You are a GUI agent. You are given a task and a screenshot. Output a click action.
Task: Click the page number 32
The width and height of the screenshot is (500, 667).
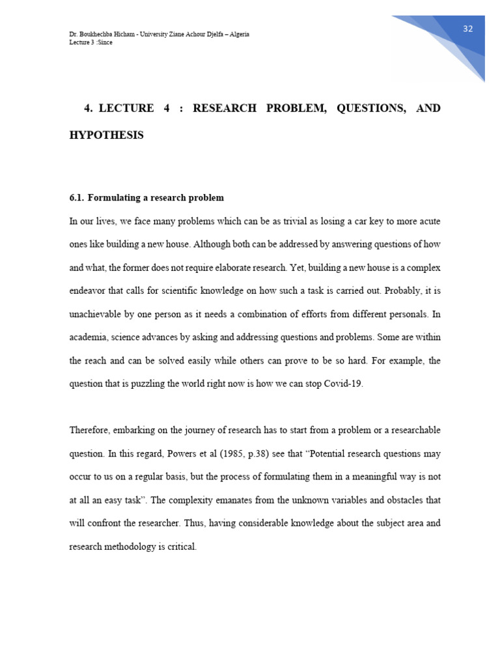pos(467,29)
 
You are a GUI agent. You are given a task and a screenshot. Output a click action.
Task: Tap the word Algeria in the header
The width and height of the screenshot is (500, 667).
pos(238,35)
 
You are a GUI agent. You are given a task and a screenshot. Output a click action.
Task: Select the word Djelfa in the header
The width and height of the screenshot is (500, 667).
pos(207,35)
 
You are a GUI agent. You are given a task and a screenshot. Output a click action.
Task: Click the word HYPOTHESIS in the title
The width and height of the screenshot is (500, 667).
pos(106,135)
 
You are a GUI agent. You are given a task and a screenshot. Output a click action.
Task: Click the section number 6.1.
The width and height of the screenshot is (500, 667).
pos(77,197)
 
